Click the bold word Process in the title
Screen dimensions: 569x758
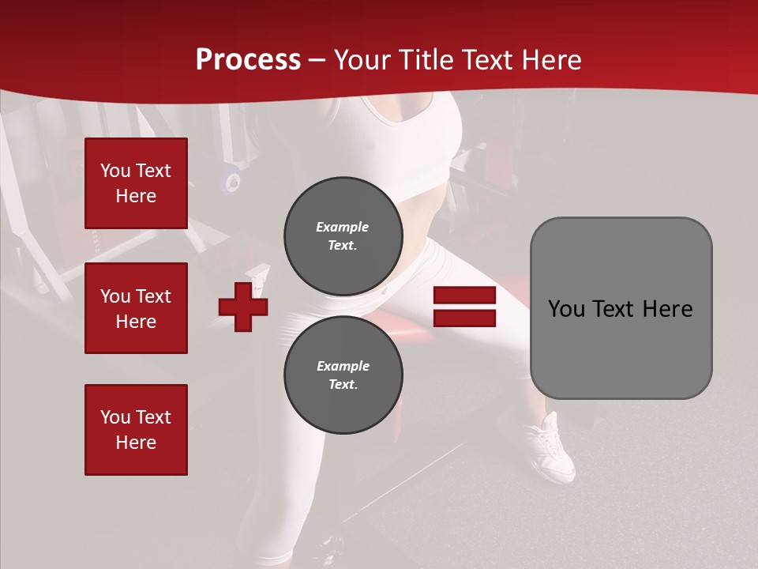tap(248, 60)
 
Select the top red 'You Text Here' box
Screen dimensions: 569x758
tap(136, 183)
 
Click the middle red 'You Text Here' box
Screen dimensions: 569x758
tap(136, 308)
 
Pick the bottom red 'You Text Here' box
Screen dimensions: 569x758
tap(136, 430)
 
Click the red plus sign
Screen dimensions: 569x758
tap(243, 307)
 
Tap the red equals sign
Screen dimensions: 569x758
tap(464, 307)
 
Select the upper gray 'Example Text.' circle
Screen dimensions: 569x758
tap(343, 236)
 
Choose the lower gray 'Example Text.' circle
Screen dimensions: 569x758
tap(343, 375)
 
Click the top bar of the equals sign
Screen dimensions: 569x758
tap(464, 296)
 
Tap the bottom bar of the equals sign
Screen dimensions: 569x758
tap(464, 318)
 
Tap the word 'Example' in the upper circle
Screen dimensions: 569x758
tap(343, 227)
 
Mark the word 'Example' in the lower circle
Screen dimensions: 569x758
tap(343, 366)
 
